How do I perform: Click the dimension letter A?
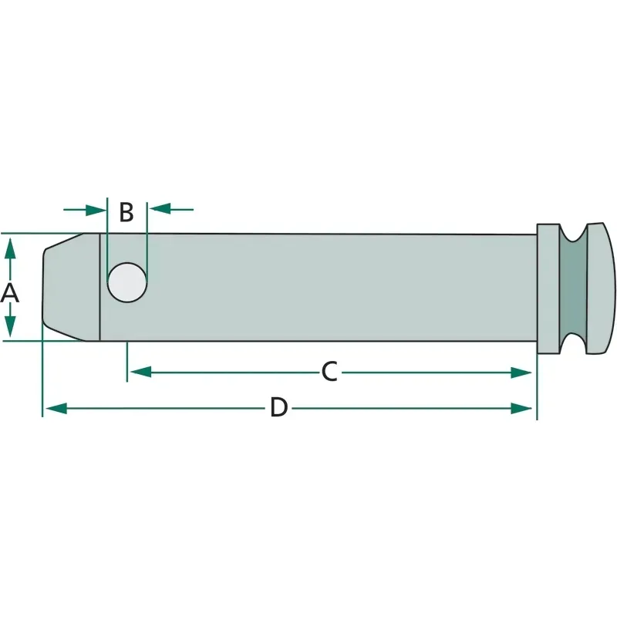tap(10, 293)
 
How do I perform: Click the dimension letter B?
tap(126, 213)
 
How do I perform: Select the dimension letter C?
tap(329, 372)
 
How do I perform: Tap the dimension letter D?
tap(278, 408)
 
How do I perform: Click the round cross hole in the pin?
tap(127, 282)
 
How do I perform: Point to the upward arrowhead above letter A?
tap(10, 248)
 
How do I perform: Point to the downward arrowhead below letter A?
tap(10, 326)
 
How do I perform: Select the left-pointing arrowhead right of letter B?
tap(160, 209)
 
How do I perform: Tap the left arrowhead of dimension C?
tap(140, 372)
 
